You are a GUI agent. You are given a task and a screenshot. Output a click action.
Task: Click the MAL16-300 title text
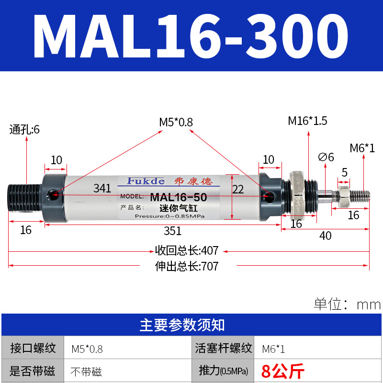(x=191, y=36)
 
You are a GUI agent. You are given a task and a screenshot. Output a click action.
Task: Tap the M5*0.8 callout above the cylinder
(x=176, y=122)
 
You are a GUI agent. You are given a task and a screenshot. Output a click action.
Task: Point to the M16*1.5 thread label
(x=307, y=121)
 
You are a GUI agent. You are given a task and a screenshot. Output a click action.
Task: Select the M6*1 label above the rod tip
(x=362, y=148)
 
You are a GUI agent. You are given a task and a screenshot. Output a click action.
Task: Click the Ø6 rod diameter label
(x=326, y=157)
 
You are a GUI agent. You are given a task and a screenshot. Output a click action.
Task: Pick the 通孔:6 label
(x=24, y=129)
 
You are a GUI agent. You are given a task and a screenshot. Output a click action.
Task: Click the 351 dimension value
(x=172, y=231)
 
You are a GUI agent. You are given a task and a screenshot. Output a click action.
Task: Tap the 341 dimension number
(x=102, y=188)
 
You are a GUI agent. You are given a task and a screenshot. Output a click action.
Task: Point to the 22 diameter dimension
(x=237, y=190)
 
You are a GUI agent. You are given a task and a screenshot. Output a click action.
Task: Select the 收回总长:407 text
(x=187, y=250)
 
